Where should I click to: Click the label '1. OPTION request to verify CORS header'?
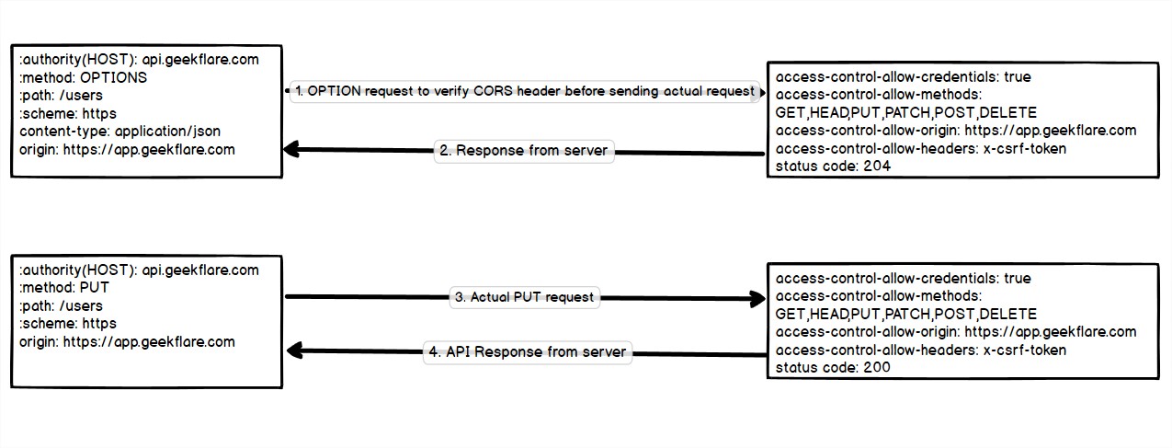click(x=525, y=91)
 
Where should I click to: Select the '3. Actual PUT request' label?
click(x=524, y=297)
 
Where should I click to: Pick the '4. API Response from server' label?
click(x=527, y=352)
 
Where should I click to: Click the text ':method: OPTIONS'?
click(x=83, y=77)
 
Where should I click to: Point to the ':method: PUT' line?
click(x=63, y=288)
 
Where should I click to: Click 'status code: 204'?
click(x=833, y=167)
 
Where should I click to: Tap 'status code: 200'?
click(x=833, y=367)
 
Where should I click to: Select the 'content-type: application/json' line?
click(x=119, y=132)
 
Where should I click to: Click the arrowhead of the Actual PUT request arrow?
click(x=757, y=298)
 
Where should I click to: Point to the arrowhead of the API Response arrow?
click(x=294, y=350)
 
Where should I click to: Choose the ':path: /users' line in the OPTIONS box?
click(x=61, y=96)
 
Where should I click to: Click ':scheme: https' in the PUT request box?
click(x=68, y=324)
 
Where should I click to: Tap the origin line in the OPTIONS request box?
click(x=127, y=149)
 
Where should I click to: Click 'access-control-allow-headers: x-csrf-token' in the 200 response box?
click(x=921, y=350)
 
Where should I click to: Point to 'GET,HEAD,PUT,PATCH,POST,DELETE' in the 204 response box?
click(x=906, y=113)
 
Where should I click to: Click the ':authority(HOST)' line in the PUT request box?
click(x=139, y=270)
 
